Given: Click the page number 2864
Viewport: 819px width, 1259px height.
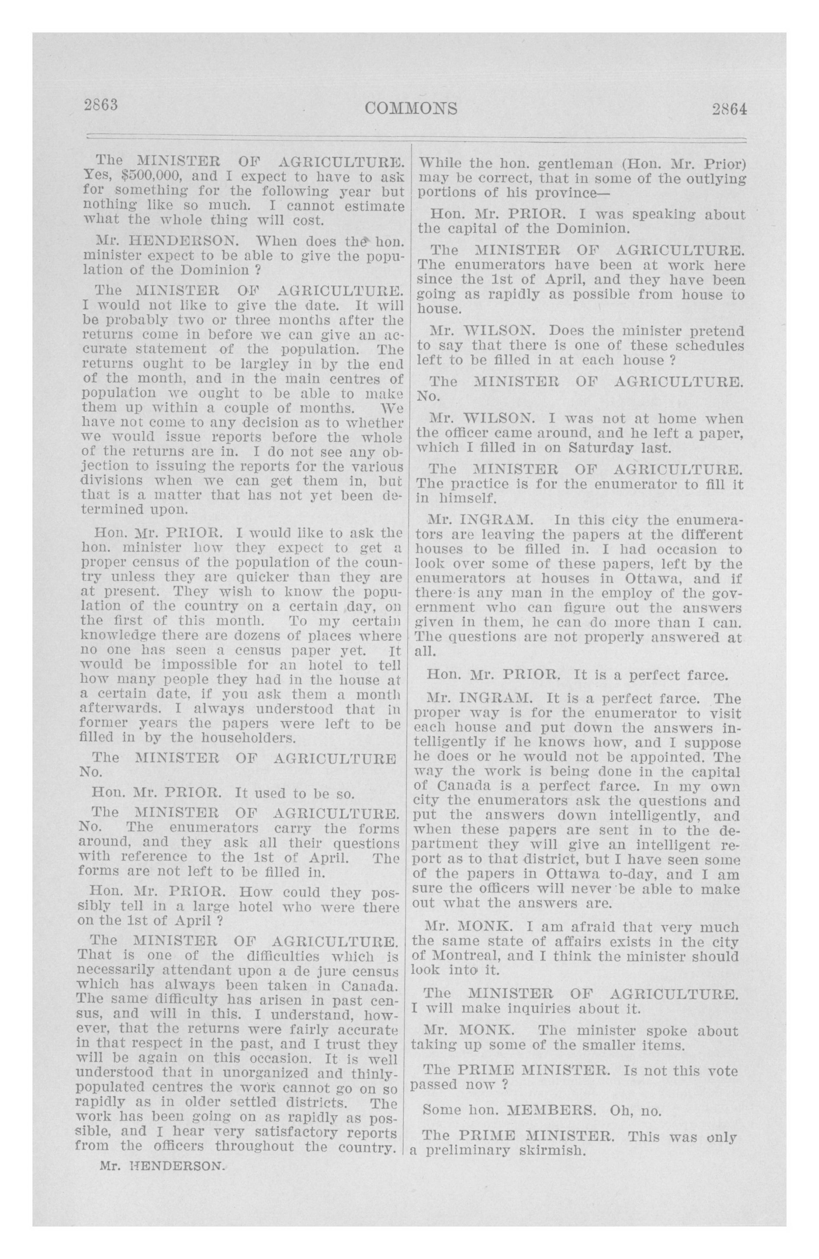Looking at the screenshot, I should (x=729, y=109).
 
